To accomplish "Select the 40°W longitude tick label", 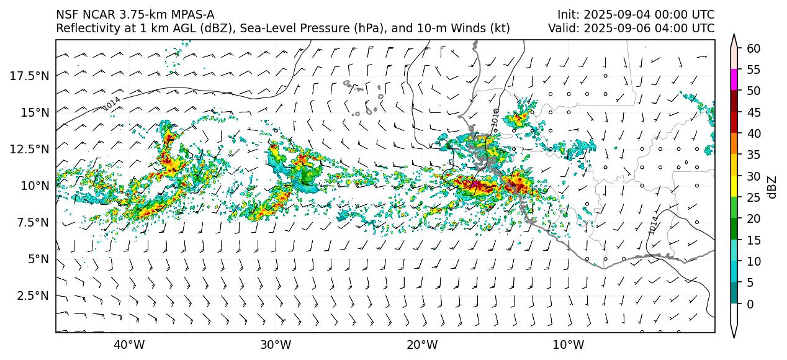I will click(129, 345).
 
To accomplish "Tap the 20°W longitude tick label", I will click(421, 345).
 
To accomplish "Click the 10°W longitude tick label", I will click(568, 345).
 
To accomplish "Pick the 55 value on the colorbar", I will click(753, 70).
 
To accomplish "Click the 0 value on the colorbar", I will click(750, 304).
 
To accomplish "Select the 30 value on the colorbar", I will click(753, 176).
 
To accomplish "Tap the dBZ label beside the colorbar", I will click(772, 187).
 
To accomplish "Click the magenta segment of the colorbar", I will click(734, 80).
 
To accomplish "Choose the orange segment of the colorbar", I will click(734, 144).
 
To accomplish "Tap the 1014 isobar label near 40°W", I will click(112, 104).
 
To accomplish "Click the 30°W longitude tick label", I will click(276, 345).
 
